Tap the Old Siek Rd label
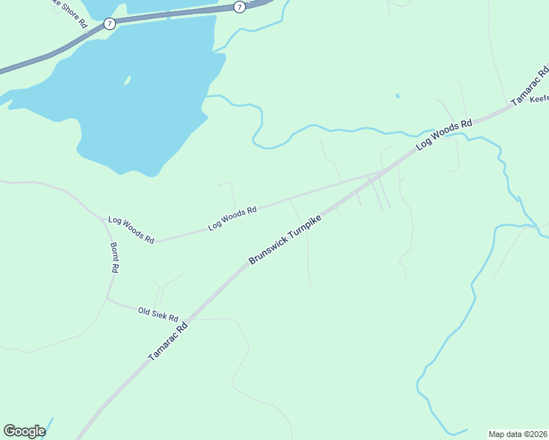[x=158, y=315]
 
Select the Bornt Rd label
[x=114, y=258]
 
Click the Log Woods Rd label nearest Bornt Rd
[x=131, y=230]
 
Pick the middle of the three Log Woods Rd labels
[x=232, y=219]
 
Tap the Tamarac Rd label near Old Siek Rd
[x=169, y=342]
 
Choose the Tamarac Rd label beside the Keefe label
[x=531, y=87]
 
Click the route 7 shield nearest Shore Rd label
[x=109, y=24]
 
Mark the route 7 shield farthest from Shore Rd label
[x=239, y=7]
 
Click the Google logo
[x=24, y=431]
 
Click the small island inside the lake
[x=127, y=81]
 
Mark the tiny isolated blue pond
[x=398, y=95]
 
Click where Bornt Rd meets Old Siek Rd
[x=107, y=299]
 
